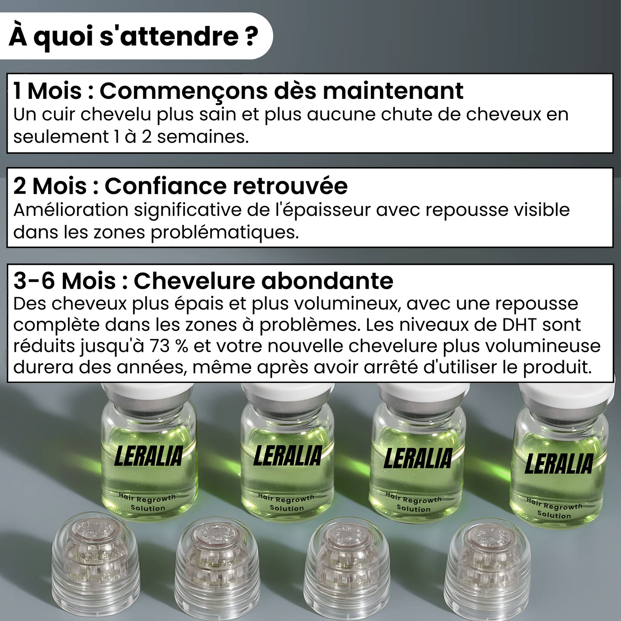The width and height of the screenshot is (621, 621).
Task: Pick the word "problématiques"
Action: click(225, 232)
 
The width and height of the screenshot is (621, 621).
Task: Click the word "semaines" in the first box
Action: click(203, 137)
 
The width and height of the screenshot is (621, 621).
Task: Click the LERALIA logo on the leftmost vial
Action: click(148, 456)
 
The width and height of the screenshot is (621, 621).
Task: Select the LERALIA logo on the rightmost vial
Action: click(559, 463)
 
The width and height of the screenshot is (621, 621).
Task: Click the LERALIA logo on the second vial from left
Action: click(288, 456)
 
